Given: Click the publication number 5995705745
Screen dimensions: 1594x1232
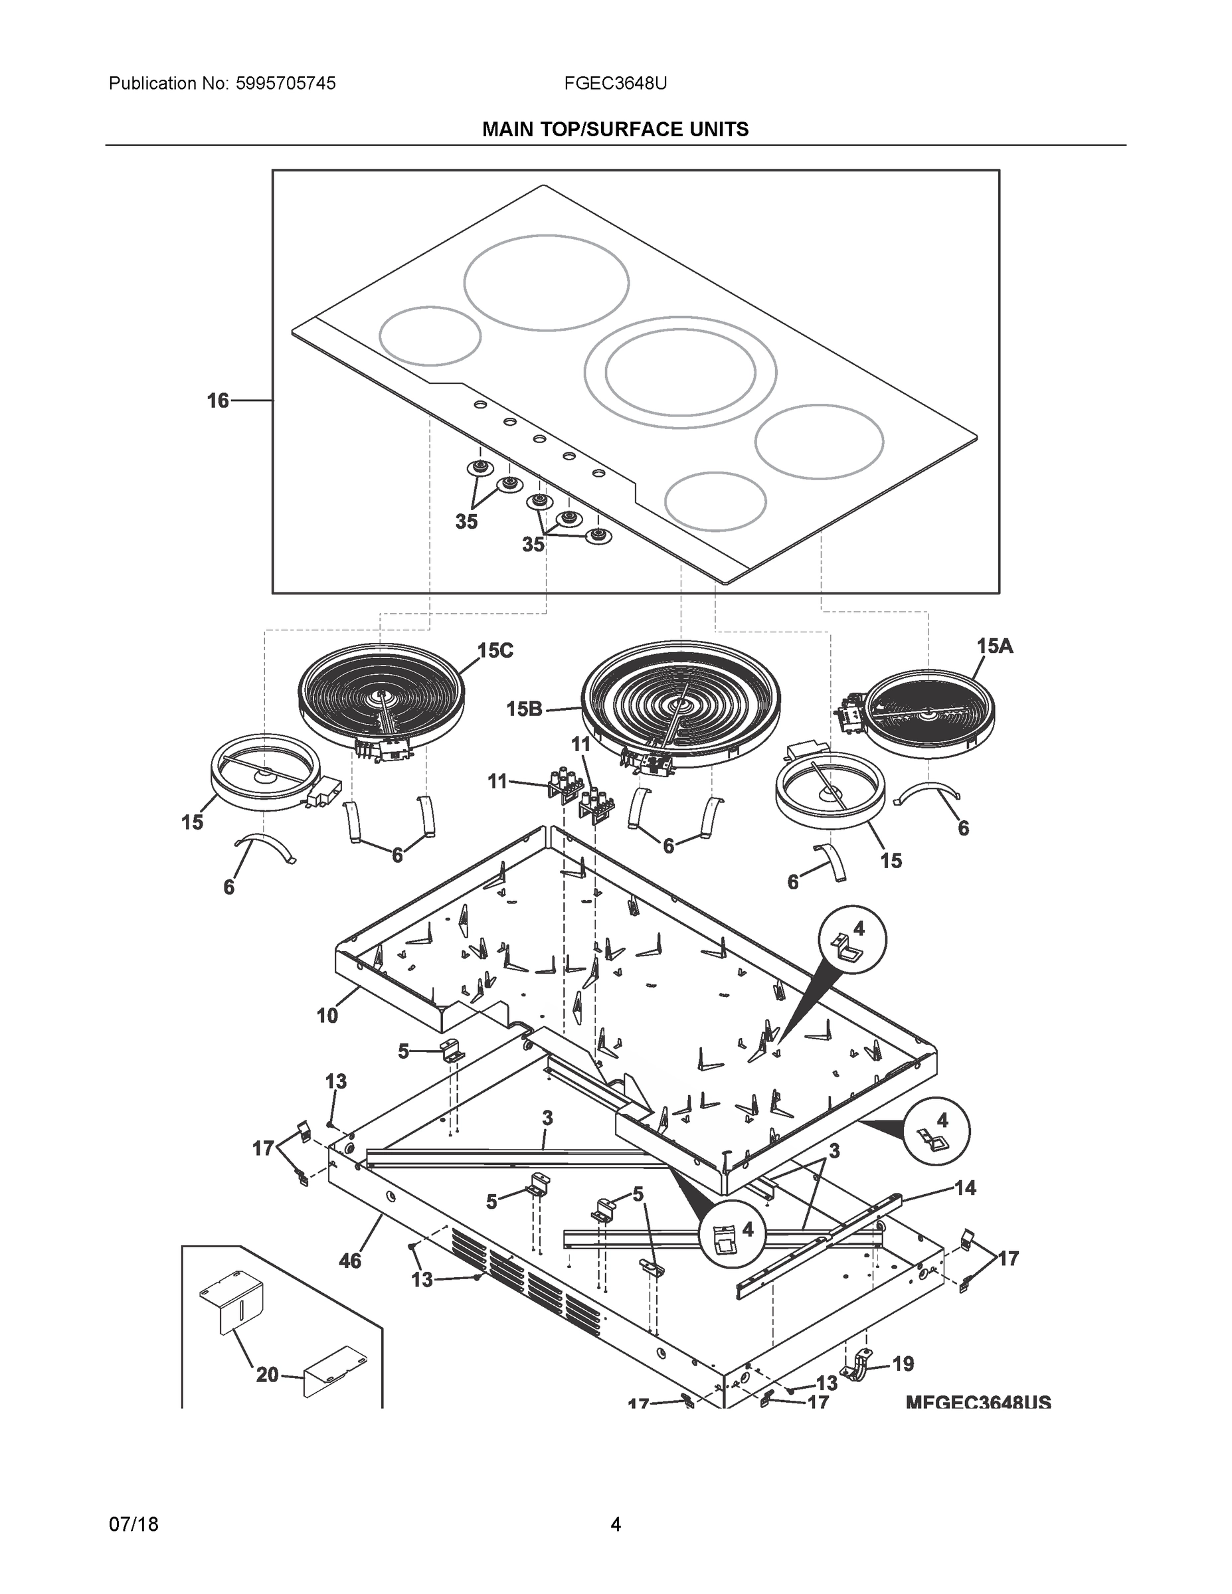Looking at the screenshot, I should (x=286, y=84).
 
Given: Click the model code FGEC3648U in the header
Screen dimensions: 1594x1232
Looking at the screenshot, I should (x=614, y=84).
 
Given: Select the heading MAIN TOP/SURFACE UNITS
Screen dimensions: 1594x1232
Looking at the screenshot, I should (x=615, y=130).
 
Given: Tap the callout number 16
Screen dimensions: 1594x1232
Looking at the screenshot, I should (x=217, y=400).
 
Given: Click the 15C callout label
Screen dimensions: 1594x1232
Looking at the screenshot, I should (x=495, y=650).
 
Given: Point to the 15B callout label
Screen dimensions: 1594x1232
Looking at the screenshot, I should (x=524, y=709).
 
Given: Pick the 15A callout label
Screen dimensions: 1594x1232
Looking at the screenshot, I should (x=994, y=646).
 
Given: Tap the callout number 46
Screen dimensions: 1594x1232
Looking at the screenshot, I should (x=349, y=1261).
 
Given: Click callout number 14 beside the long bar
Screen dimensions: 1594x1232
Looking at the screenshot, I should (x=965, y=1188).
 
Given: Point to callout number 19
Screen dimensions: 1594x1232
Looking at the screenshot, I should (x=903, y=1364).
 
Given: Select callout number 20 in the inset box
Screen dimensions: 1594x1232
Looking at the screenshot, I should (x=267, y=1375).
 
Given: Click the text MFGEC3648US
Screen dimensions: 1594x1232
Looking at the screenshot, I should (x=978, y=1403).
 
